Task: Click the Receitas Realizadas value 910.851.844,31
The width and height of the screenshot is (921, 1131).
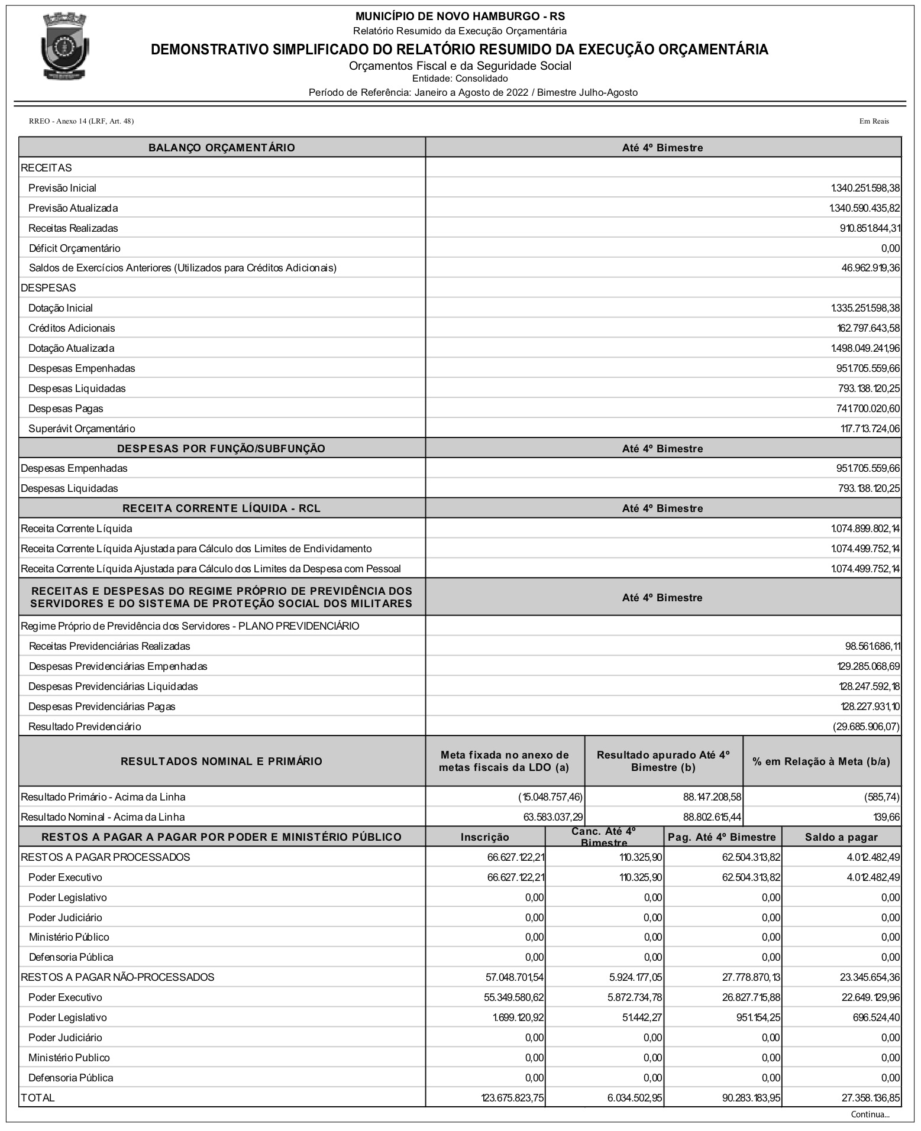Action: pyautogui.click(x=870, y=228)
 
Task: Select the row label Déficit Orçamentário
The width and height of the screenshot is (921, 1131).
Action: pyautogui.click(x=75, y=248)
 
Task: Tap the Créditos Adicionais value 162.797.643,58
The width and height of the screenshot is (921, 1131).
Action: pyautogui.click(x=865, y=328)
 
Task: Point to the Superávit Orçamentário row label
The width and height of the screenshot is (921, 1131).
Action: pyautogui.click(x=82, y=429)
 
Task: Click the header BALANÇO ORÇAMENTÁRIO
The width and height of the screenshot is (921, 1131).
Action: pyautogui.click(x=222, y=148)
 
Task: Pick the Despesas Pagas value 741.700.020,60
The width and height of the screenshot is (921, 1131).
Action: pyautogui.click(x=868, y=409)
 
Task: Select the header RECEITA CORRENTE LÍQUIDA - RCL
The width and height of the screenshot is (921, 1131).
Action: pyautogui.click(x=222, y=508)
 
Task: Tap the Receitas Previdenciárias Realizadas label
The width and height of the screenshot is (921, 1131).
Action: pyautogui.click(x=109, y=646)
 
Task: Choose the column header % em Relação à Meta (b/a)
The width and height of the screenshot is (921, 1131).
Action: pyautogui.click(x=822, y=761)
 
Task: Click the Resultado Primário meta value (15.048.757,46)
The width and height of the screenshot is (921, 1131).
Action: pyautogui.click(x=550, y=797)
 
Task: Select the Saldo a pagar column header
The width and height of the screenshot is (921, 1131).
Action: pyautogui.click(x=841, y=837)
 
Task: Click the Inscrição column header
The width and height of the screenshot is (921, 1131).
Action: pyautogui.click(x=485, y=837)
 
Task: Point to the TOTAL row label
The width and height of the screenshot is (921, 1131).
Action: pyautogui.click(x=38, y=1098)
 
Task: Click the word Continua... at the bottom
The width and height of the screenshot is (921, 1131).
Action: pyautogui.click(x=870, y=1114)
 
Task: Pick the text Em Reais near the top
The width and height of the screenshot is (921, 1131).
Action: pyautogui.click(x=874, y=121)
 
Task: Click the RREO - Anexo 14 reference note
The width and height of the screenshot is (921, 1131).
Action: pyautogui.click(x=81, y=121)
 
